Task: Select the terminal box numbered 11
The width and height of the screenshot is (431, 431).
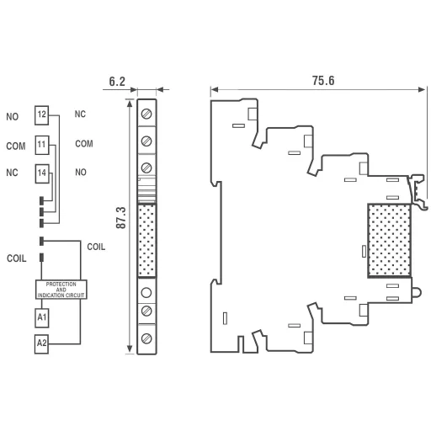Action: tap(41, 144)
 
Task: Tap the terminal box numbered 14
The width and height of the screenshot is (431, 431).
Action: tap(41, 173)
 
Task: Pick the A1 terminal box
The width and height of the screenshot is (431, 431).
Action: tap(41, 317)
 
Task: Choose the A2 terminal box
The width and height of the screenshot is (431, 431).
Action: tap(41, 343)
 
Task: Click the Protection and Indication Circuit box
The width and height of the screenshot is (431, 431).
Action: tap(61, 290)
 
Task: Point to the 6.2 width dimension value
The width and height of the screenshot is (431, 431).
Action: tap(118, 82)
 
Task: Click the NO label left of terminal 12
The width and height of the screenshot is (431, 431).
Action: tap(12, 116)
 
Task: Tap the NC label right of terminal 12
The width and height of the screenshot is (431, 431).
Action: tap(80, 114)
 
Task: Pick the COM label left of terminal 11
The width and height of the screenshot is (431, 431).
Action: tap(15, 146)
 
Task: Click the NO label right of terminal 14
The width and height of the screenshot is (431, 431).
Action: tap(81, 172)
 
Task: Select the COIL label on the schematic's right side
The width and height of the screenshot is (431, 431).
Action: tap(97, 246)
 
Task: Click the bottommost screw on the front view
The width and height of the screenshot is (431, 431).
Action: tap(147, 338)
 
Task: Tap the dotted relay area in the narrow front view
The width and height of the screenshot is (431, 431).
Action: tap(147, 240)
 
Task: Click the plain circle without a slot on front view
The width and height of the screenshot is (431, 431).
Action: tap(147, 293)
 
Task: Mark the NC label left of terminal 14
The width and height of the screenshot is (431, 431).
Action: tap(12, 174)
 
